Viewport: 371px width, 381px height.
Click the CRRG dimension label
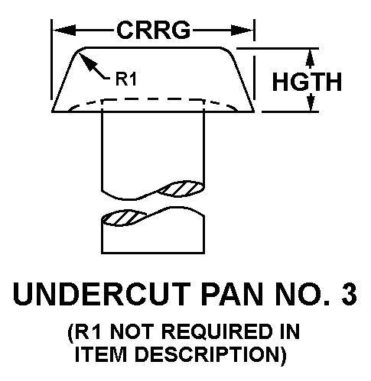154,31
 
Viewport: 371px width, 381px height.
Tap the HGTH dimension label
307,82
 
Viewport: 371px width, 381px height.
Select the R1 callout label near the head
126,79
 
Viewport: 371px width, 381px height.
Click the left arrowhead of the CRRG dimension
64,31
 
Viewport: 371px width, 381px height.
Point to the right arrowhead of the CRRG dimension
242,31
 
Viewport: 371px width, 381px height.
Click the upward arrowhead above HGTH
310,59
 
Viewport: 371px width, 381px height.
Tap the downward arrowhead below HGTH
311,102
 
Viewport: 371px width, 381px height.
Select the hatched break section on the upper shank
181,189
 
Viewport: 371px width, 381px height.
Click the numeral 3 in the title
349,294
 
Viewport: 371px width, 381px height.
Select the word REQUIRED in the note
217,331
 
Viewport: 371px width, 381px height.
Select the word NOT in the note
132,331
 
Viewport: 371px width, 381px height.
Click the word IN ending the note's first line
290,331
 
